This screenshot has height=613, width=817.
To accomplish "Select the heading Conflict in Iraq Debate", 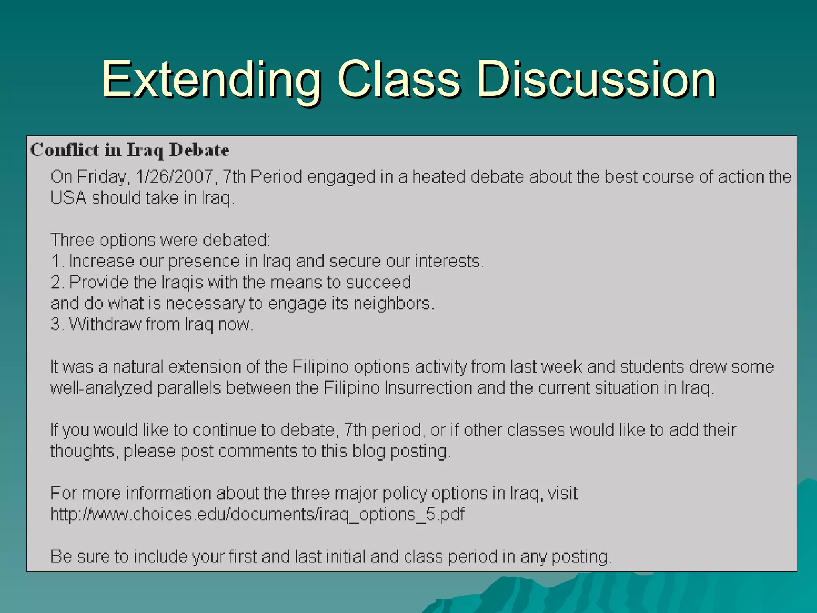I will [x=130, y=150].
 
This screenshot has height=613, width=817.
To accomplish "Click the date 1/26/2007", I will [x=174, y=177].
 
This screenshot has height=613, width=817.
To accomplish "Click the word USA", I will [x=68, y=198].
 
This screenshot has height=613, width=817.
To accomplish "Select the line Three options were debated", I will [x=160, y=240].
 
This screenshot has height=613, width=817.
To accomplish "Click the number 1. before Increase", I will [x=57, y=261].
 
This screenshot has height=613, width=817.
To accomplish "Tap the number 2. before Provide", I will [x=57, y=283].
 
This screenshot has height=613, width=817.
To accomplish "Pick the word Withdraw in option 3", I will [x=105, y=324].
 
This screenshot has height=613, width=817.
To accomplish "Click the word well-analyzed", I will [x=101, y=388].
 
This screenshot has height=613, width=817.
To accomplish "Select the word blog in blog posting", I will [x=369, y=451].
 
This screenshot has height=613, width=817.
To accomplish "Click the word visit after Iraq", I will [x=562, y=494].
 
